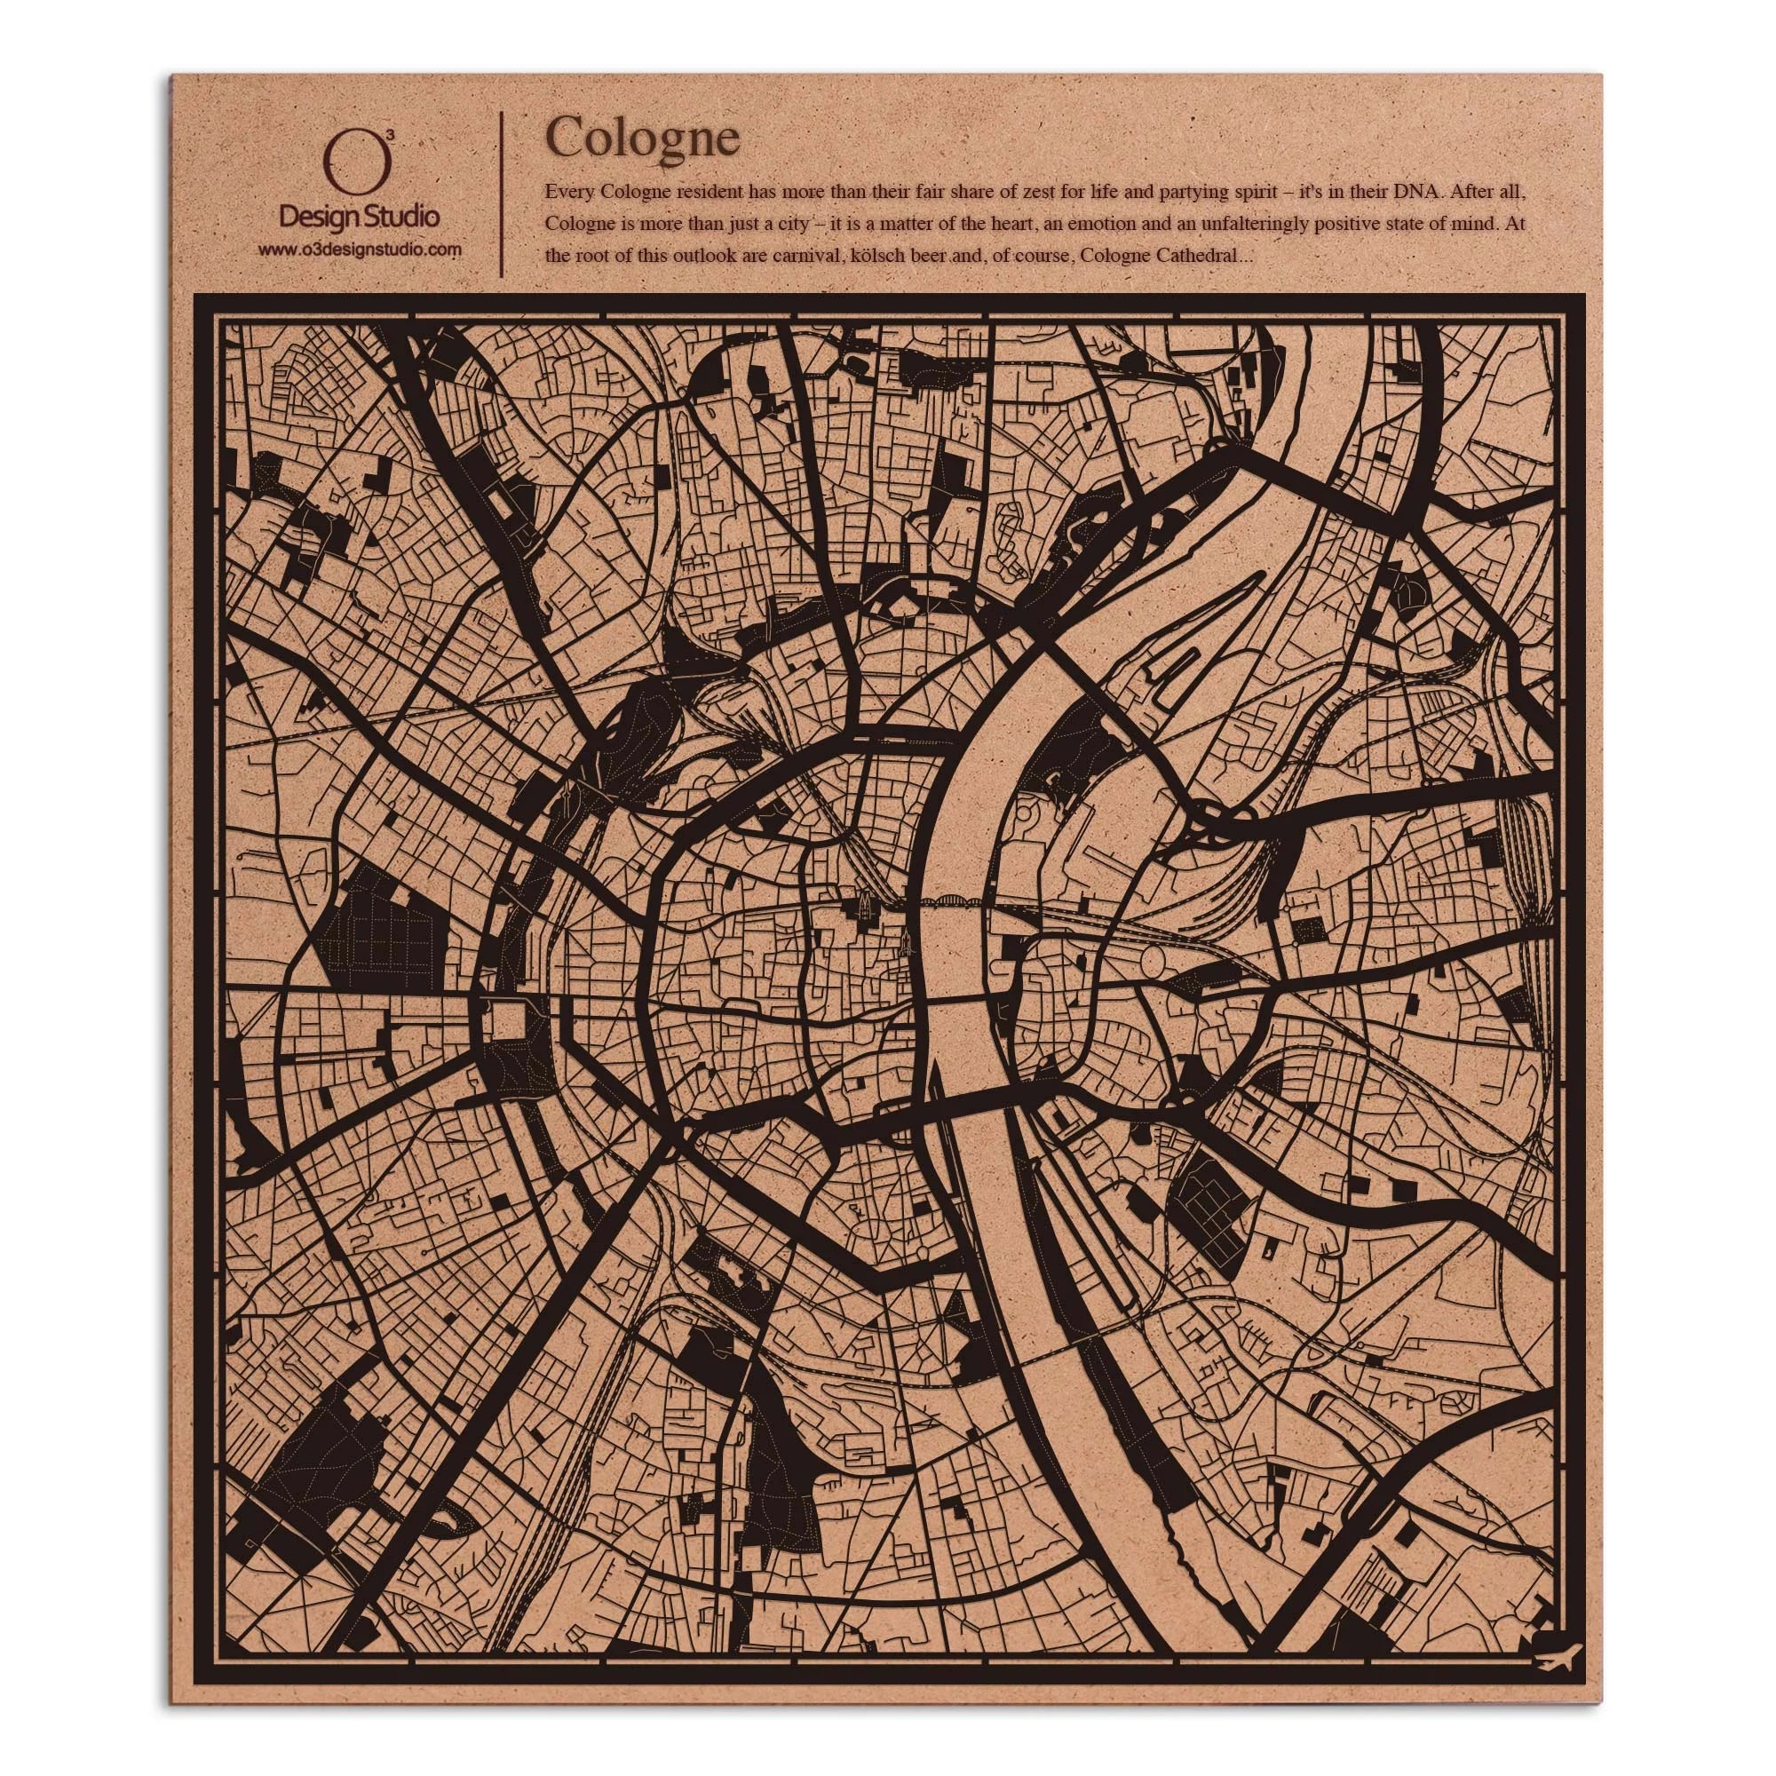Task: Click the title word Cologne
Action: pyautogui.click(x=642, y=139)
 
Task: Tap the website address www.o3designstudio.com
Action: pyautogui.click(x=359, y=250)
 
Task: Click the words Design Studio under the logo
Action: pyautogui.click(x=359, y=218)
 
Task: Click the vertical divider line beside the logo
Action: pyautogui.click(x=500, y=194)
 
